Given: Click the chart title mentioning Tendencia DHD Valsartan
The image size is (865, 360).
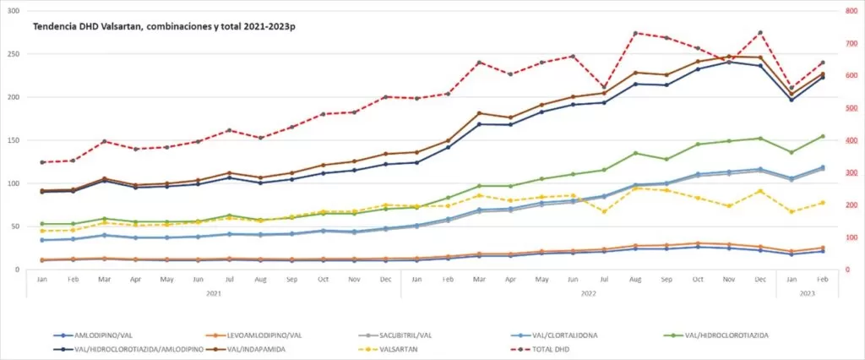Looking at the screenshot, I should pyautogui.click(x=170, y=27).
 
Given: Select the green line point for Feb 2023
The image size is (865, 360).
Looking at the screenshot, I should pyautogui.click(x=823, y=136).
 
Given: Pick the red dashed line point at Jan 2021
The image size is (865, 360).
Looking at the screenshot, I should pyautogui.click(x=41, y=162).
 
